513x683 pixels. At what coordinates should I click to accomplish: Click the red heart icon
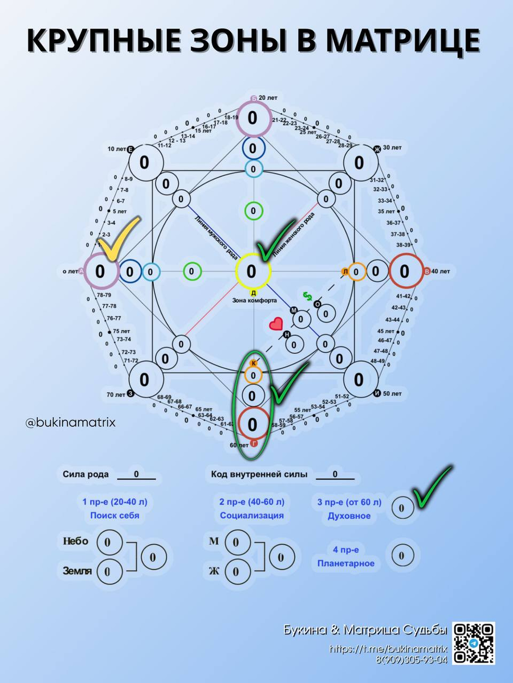(x=276, y=324)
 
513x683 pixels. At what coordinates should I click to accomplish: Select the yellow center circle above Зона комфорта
(x=252, y=271)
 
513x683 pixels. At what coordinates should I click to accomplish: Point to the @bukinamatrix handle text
(x=71, y=423)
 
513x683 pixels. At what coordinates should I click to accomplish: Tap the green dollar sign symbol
(x=308, y=295)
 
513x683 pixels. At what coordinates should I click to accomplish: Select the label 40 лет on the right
(x=437, y=271)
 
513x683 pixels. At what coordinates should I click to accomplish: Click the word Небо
(x=75, y=541)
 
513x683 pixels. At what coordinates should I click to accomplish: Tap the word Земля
(x=76, y=570)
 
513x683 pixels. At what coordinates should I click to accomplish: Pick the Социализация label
(x=252, y=516)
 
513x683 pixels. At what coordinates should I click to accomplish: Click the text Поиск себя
(x=115, y=516)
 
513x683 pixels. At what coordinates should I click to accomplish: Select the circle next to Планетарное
(x=401, y=556)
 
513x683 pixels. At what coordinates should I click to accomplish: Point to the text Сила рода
(x=85, y=474)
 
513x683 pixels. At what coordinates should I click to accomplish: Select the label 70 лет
(x=116, y=394)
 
